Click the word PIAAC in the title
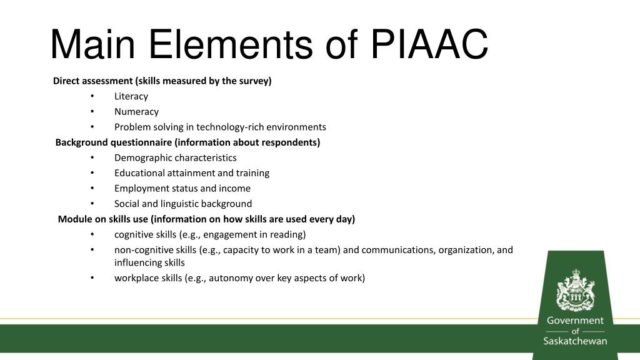pos(429,45)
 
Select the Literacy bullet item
pos(131,96)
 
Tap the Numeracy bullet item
pos(136,112)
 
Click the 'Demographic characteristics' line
pos(175,157)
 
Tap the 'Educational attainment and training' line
pos(191,172)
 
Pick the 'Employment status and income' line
pos(182,188)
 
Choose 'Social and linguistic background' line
pos(182,203)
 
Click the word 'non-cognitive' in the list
pos(143,249)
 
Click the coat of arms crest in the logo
pos(575,289)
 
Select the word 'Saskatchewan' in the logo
pos(575,341)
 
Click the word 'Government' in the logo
pos(575,321)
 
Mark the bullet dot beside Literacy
pos(92,96)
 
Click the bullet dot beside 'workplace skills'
pos(92,278)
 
